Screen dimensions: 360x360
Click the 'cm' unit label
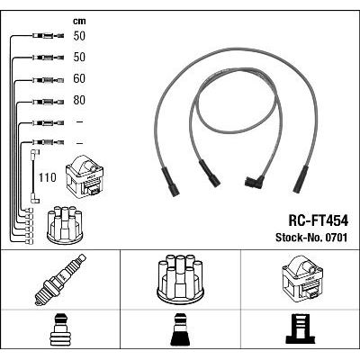tap(79, 22)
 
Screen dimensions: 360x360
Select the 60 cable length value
tap(79, 79)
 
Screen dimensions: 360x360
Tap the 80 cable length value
tap(79, 100)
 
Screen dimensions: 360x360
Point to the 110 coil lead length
tap(48, 177)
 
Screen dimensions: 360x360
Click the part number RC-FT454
tap(319, 221)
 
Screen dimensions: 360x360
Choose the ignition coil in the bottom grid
tap(302, 280)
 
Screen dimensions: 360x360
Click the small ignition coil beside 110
tap(85, 175)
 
